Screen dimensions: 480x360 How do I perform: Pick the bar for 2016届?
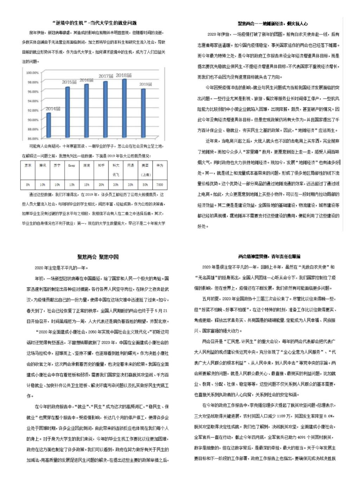[x=86, y=111]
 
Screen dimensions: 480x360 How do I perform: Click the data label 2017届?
[x=106, y=76]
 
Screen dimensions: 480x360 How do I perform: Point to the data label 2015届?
[x=69, y=82]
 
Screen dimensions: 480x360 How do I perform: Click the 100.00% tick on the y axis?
[x=32, y=73]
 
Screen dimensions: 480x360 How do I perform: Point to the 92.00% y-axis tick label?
[x=32, y=110]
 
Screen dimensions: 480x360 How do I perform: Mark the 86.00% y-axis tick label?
[x=32, y=139]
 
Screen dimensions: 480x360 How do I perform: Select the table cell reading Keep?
[x=72, y=165]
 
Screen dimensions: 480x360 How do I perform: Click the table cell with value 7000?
[x=160, y=184]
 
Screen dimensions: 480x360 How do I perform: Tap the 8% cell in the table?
[x=28, y=184]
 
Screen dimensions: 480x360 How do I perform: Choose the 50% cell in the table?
[x=145, y=184]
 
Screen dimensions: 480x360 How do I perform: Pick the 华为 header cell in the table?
[x=160, y=165]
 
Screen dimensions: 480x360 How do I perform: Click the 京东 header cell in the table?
[x=28, y=165]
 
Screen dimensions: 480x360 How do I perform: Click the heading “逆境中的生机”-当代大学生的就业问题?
[x=94, y=23]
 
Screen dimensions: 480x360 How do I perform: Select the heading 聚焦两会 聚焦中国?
[x=98, y=257]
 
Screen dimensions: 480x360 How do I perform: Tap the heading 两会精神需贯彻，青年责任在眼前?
[x=269, y=257]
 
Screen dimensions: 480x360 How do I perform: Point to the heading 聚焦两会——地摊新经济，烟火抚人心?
[x=272, y=24]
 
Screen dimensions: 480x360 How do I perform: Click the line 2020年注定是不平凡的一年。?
[x=61, y=268]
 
